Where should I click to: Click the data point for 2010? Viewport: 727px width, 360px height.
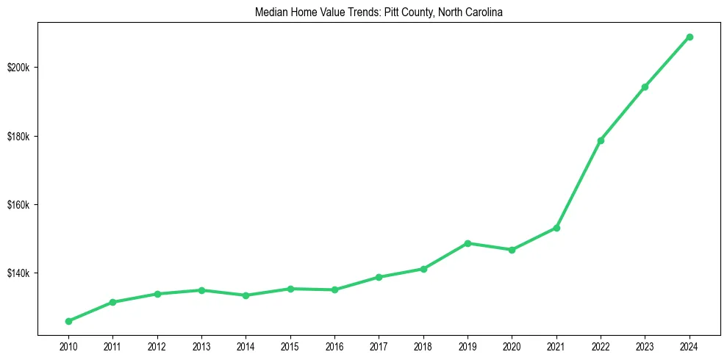click(68, 321)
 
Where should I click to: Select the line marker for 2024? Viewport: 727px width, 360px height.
click(690, 37)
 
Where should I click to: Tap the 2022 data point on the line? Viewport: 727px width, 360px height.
click(601, 140)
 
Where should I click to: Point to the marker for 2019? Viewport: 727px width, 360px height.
click(468, 243)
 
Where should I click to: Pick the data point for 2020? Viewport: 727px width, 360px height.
click(512, 250)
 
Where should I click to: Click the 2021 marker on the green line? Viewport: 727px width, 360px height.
click(556, 228)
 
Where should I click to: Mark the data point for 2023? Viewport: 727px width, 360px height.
click(645, 87)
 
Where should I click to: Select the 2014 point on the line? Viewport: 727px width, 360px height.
click(246, 295)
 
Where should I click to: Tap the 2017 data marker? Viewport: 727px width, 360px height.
click(379, 277)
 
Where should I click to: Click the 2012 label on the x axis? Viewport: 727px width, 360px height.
click(157, 345)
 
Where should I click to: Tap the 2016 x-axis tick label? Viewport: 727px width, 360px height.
click(334, 345)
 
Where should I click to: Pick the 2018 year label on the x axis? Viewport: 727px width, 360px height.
click(423, 345)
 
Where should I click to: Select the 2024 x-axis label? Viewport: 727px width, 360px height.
click(690, 345)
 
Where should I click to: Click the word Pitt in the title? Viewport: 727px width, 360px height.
click(393, 12)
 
